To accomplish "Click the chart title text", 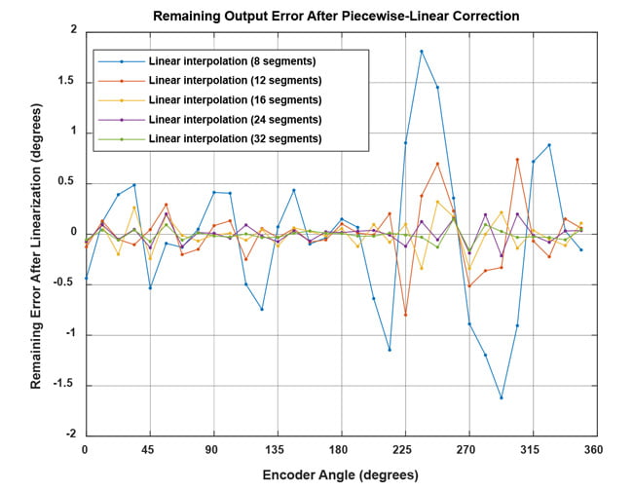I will click(x=336, y=16).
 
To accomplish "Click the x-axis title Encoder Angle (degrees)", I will click(x=340, y=475).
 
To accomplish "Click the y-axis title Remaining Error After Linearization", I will click(x=36, y=233).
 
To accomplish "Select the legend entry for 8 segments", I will click(x=233, y=60).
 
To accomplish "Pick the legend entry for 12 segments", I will click(x=236, y=80).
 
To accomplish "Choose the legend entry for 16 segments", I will click(x=236, y=100).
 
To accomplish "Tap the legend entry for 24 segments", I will click(x=236, y=120).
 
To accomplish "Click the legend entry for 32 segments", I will click(x=236, y=139).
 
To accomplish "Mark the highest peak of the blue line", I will click(x=422, y=52).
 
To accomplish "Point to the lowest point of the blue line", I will click(x=502, y=397).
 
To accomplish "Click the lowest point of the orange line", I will click(x=405, y=315).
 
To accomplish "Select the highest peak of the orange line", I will click(x=517, y=159).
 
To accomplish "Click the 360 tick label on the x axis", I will click(x=594, y=449).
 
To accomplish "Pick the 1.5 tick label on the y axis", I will click(x=66, y=82).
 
